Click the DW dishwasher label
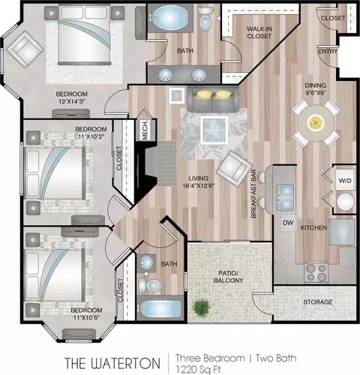(288, 223)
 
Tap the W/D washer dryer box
(345, 180)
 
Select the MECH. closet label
(145, 130)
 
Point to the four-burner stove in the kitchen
(316, 273)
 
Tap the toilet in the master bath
(205, 19)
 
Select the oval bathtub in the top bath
(170, 17)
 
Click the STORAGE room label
(318, 302)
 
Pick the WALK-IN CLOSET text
(259, 32)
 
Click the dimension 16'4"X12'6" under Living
(199, 186)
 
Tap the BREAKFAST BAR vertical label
(253, 193)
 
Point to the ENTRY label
(328, 51)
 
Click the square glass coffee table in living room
(214, 130)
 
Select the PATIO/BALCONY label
(228, 277)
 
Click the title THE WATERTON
(112, 363)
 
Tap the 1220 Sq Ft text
(199, 369)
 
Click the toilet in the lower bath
(150, 284)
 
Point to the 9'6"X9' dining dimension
(315, 93)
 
